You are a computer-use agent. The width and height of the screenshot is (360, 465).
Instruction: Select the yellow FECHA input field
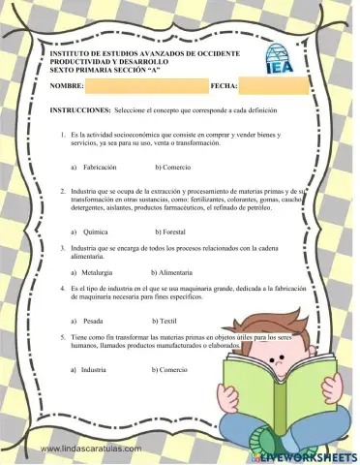275,86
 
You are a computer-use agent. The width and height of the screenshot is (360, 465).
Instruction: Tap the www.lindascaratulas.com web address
92,449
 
